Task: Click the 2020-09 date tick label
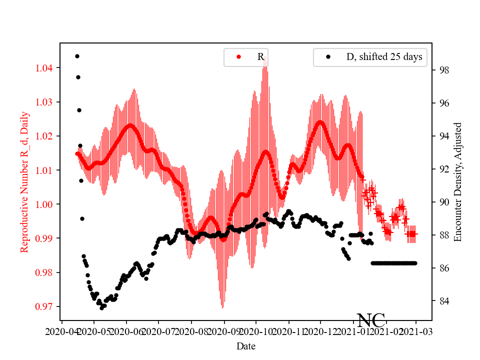pos(224,331)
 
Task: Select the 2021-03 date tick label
pos(416,331)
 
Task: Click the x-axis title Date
pos(246,345)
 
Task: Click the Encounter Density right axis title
pos(457,182)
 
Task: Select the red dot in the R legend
pos(239,57)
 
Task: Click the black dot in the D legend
pos(328,57)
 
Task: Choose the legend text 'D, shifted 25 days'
pos(384,57)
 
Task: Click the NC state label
pos(370,320)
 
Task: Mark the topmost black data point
pos(77,56)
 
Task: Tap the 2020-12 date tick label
pos(320,331)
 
